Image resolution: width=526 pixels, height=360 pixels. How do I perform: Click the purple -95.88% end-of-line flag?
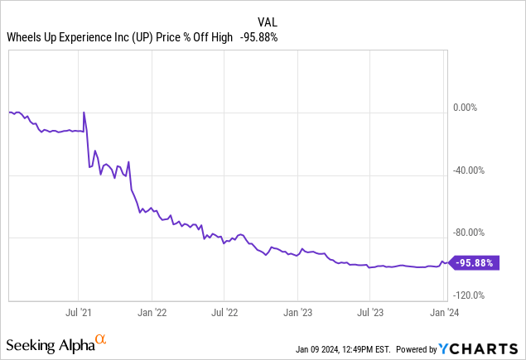pyautogui.click(x=475, y=263)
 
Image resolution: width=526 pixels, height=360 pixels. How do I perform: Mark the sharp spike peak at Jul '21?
pyautogui.click(x=84, y=112)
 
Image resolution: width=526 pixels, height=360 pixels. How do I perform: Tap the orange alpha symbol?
pyautogui.click(x=100, y=339)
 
